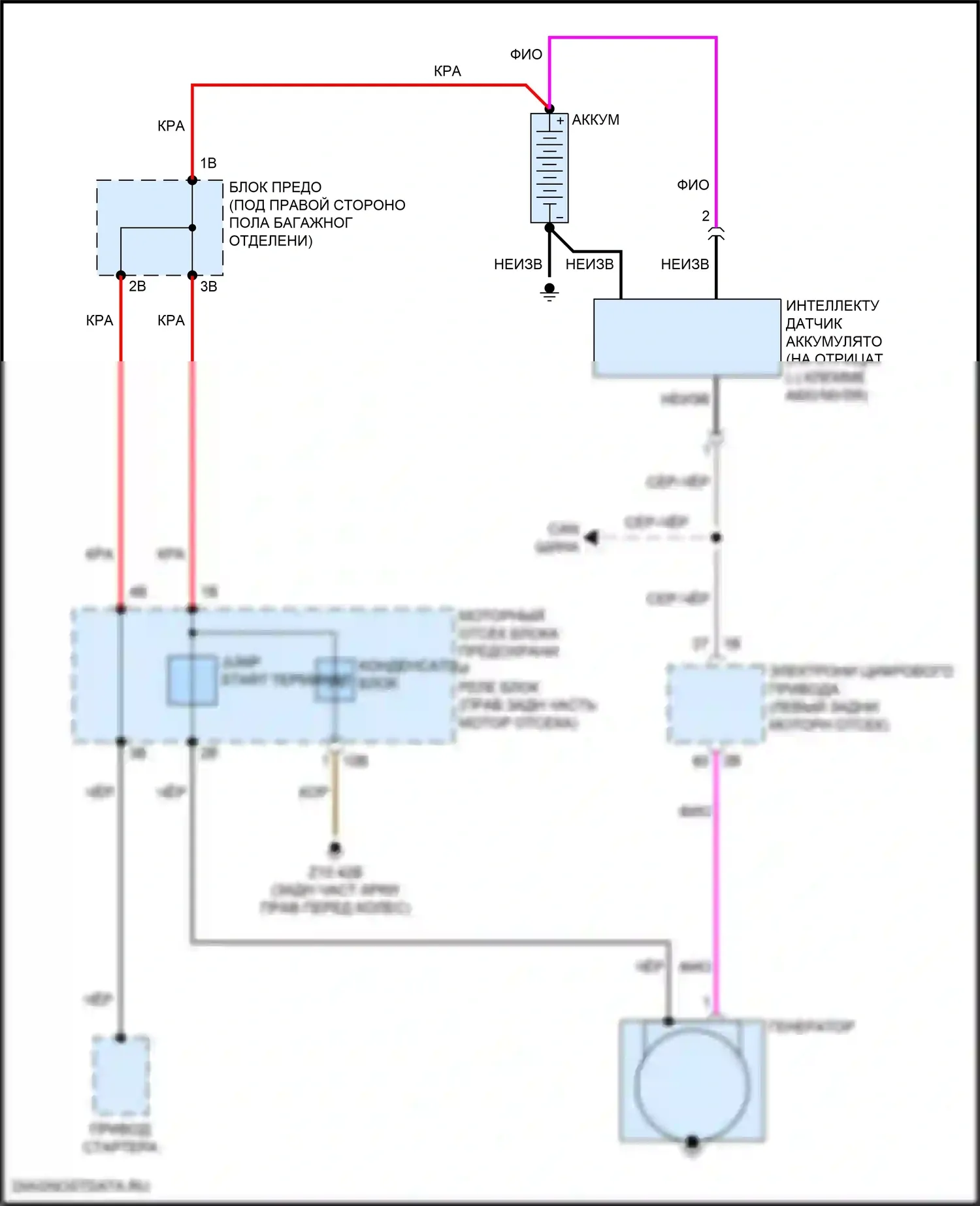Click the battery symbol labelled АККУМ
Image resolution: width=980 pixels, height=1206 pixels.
coord(549,168)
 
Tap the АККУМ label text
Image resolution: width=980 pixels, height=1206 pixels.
coord(595,120)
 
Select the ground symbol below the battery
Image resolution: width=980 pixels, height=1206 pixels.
coord(549,292)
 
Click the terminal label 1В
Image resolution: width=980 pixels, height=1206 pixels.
coord(208,163)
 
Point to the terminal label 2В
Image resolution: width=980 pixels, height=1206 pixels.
coord(137,286)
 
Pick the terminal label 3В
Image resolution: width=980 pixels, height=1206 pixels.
coord(208,286)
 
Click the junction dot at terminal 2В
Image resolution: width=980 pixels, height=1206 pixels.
coord(121,276)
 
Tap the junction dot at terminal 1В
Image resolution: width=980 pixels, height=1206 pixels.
coord(192,180)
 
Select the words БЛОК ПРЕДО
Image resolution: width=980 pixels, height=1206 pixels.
coord(275,187)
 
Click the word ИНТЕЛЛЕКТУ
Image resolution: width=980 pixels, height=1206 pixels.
coord(832,306)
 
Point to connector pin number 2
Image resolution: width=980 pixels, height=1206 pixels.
coord(706,216)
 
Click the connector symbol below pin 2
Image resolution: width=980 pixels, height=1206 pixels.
coord(716,234)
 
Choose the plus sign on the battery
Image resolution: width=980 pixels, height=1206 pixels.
coord(560,121)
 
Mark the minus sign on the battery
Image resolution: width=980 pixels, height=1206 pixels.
coord(560,216)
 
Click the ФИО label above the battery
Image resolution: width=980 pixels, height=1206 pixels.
coord(526,55)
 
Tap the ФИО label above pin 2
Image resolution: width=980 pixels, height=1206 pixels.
coord(693,186)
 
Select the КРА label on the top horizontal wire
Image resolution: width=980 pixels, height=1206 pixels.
coord(448,71)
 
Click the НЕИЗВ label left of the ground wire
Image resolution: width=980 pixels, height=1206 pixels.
coord(518,265)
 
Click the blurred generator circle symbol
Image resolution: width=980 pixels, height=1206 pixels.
coord(692,1085)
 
